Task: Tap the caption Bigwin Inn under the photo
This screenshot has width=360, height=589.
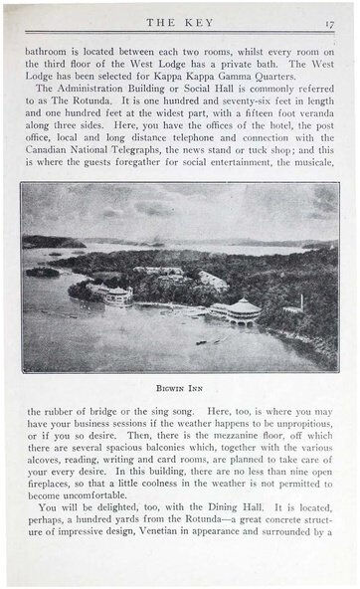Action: [180, 381]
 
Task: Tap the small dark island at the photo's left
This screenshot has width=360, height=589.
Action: [42, 272]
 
